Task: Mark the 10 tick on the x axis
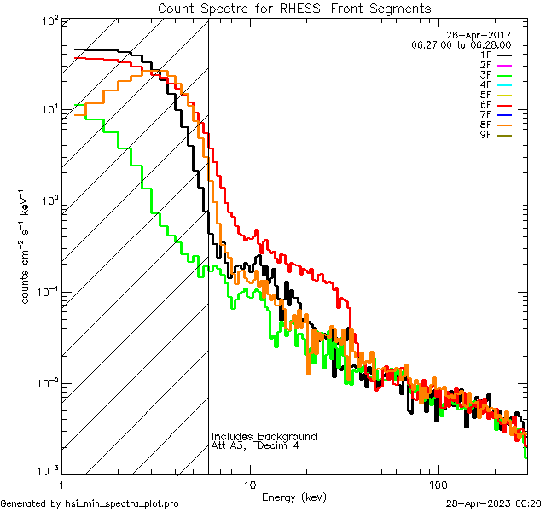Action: (x=250, y=484)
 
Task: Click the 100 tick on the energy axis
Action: (x=437, y=484)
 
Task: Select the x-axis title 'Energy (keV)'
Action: (x=294, y=497)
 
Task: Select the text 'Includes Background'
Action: (x=264, y=437)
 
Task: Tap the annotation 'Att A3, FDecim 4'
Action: (x=255, y=445)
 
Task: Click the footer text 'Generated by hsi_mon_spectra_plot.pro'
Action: (x=90, y=503)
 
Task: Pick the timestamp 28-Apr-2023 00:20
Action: (x=495, y=503)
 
